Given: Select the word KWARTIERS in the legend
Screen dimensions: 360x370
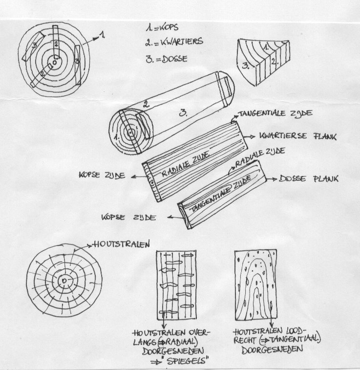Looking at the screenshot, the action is [182, 42].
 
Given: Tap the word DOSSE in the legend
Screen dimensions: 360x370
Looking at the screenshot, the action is [175, 59].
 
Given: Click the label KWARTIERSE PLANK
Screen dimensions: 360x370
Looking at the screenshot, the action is [298, 136].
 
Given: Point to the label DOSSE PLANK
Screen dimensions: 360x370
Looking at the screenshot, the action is [309, 178].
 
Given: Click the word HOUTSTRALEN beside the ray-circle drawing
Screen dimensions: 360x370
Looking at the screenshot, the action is [122, 244].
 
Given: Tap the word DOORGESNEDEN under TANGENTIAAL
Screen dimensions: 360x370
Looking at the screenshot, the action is [272, 349].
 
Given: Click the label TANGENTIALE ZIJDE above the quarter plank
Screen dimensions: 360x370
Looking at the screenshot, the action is [276, 113].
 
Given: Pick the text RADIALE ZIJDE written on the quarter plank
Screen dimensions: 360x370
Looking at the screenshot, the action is [186, 164].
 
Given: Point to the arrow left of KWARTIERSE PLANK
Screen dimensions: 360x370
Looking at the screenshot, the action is [250, 136].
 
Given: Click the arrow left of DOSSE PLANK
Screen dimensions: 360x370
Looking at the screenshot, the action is [272, 179].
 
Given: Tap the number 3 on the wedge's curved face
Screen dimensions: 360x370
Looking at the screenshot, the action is [245, 65].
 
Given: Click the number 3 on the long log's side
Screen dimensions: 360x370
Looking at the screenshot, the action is [183, 113].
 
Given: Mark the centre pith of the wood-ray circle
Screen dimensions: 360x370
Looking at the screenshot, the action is [64, 281].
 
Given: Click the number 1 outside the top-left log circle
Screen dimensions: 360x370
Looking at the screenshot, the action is [102, 35].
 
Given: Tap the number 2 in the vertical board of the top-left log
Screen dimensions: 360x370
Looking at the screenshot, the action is [56, 44].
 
